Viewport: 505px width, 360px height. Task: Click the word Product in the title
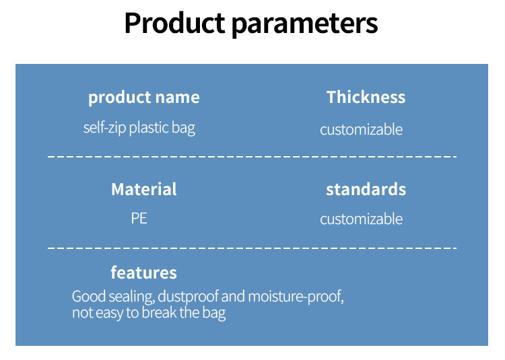(175, 23)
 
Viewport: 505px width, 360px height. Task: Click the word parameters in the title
(304, 25)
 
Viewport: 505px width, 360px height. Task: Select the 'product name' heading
(144, 98)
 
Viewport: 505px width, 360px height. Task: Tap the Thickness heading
(366, 97)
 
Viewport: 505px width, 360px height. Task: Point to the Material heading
(144, 189)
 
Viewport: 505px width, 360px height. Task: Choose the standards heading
(366, 189)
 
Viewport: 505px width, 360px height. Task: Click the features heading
(143, 273)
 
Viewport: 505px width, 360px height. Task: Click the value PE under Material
(139, 219)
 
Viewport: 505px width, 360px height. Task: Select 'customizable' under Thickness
(362, 130)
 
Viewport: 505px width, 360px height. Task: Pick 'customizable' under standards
(362, 219)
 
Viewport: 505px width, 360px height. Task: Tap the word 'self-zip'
(104, 128)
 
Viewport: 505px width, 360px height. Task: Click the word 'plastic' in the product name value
(149, 128)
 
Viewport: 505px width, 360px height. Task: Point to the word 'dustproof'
(188, 296)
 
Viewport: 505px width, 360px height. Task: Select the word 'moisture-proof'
(296, 296)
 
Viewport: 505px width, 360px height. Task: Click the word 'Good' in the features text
(89, 296)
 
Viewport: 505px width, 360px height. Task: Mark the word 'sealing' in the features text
(132, 297)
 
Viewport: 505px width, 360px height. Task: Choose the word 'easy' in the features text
(110, 314)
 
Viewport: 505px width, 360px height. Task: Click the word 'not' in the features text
(82, 313)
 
